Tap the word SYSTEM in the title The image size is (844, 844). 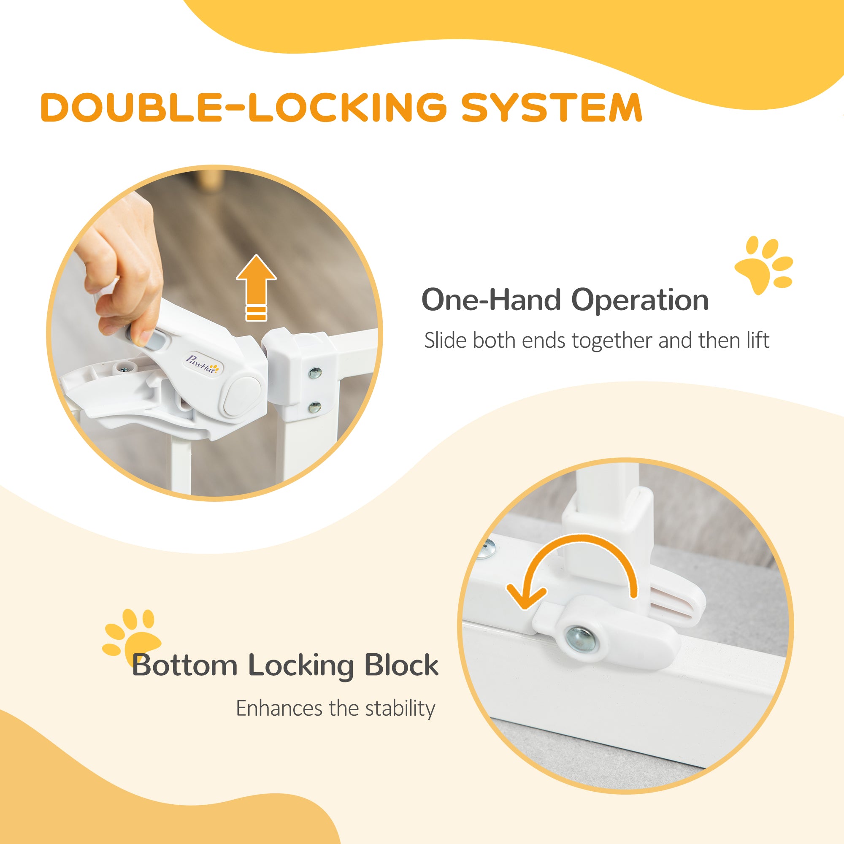pyautogui.click(x=552, y=107)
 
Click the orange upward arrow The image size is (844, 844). pyautogui.click(x=257, y=287)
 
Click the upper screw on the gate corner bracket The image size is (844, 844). pyautogui.click(x=314, y=373)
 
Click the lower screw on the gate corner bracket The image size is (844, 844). pyautogui.click(x=314, y=407)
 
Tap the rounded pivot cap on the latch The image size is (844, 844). pyautogui.click(x=241, y=396)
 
